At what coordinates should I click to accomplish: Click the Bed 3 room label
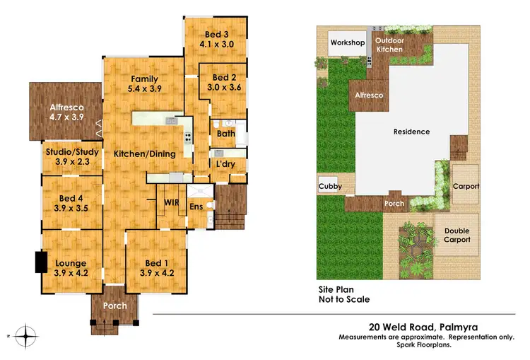(216, 34)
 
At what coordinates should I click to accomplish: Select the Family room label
(143, 79)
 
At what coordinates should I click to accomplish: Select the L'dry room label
(225, 164)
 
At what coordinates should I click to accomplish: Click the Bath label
(226, 133)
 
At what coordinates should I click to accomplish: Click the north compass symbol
(26, 335)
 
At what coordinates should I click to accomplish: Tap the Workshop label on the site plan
(347, 43)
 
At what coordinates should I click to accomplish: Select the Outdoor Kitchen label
(389, 45)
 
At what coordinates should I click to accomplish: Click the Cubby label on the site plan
(330, 187)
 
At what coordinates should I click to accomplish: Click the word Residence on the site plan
(411, 132)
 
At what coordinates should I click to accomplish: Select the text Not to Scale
(343, 298)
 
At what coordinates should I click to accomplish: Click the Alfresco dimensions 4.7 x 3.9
(66, 119)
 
